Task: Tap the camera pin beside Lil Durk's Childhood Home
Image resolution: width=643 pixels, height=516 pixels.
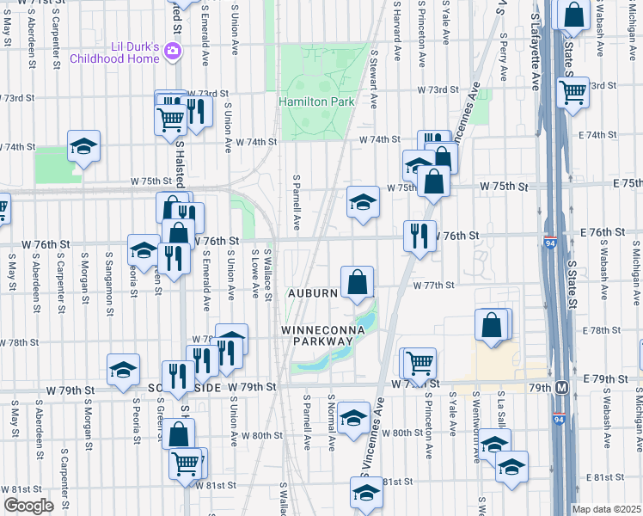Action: click(173, 52)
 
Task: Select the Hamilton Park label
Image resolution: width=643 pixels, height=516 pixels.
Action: click(316, 101)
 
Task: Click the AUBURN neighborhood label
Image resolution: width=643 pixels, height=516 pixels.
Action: click(313, 293)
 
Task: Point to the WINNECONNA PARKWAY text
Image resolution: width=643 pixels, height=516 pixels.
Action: click(317, 335)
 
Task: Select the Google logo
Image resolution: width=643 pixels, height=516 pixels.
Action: click(28, 505)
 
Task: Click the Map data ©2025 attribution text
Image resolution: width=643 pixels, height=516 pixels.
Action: click(607, 509)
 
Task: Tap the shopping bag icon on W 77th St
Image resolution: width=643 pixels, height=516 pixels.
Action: click(357, 281)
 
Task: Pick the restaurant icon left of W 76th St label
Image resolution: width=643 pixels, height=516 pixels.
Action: click(419, 235)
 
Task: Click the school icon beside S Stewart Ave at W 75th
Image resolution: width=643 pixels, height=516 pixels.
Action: click(363, 202)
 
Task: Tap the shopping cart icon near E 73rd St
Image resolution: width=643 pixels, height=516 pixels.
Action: click(573, 90)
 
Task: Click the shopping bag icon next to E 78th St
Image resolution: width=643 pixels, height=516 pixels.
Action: click(491, 325)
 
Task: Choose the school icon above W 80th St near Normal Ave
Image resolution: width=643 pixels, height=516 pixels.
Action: click(353, 417)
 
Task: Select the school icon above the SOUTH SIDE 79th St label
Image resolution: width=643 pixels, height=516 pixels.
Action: click(123, 369)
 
